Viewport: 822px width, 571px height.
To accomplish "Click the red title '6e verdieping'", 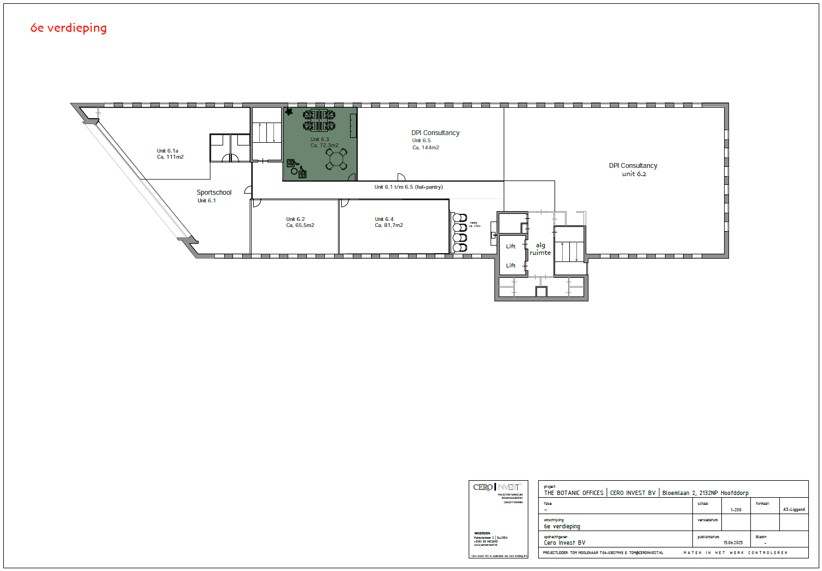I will [68, 28].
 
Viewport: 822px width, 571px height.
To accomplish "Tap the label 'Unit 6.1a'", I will [167, 151].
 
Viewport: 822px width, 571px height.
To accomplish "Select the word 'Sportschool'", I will [214, 193].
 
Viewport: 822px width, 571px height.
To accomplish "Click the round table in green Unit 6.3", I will [336, 160].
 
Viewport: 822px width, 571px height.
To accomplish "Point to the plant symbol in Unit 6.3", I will [289, 112].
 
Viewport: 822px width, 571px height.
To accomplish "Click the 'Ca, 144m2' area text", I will [425, 148].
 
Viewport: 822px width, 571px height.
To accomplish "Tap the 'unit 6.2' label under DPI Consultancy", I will [633, 174].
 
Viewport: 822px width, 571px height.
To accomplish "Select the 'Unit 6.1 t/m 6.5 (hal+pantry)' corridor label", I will [409, 187].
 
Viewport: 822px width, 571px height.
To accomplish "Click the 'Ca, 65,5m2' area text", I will [300, 225].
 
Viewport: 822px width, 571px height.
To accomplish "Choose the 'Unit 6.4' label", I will [384, 219].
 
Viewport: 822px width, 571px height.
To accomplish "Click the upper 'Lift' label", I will [511, 247].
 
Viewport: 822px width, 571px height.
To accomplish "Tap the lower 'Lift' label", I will [511, 266].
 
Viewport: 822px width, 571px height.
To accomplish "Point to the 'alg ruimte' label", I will [540, 249].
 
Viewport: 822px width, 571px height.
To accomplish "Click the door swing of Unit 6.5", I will [401, 177].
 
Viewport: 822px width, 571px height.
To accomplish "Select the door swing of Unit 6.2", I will [256, 203].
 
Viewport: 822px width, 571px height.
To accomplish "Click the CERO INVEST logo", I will [497, 487].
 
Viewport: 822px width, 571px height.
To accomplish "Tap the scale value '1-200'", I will [736, 510].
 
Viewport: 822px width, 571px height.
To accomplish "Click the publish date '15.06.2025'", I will [733, 543].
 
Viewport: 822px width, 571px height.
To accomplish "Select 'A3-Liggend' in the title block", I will [794, 510].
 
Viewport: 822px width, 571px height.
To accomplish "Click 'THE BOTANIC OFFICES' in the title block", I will [574, 493].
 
